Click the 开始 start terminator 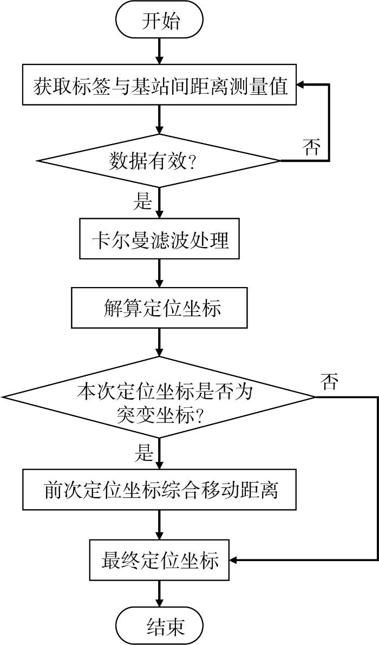(x=160, y=21)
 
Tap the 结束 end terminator (x=160, y=626)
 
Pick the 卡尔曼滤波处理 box (x=160, y=240)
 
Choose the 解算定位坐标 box (x=160, y=307)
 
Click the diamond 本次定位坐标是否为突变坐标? (x=159, y=397)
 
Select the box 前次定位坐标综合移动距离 (x=159, y=490)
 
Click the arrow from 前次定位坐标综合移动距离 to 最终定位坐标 (x=160, y=524)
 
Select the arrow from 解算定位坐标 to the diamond (x=160, y=342)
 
